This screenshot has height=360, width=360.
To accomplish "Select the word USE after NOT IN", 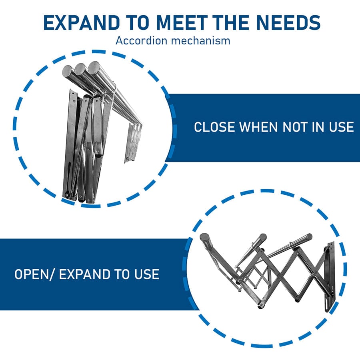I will pos(342,127).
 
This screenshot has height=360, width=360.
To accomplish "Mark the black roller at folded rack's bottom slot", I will pos(66,195).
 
